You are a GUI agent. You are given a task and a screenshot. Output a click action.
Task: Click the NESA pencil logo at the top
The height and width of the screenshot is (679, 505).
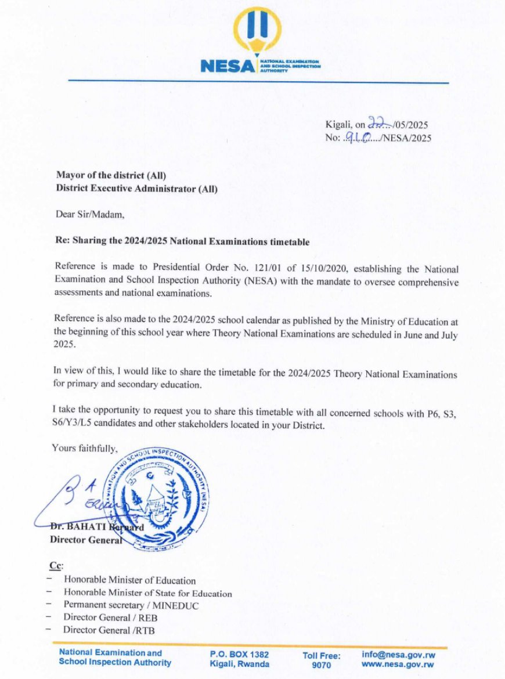(x=257, y=32)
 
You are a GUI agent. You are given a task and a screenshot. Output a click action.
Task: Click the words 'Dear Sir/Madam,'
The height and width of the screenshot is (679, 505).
(x=91, y=214)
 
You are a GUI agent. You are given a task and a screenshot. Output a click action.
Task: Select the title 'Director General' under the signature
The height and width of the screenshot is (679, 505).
(x=86, y=540)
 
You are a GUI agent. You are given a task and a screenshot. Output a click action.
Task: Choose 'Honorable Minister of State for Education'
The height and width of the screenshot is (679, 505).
(x=147, y=593)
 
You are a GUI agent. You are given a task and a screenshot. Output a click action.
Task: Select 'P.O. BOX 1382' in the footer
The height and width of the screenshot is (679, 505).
(x=239, y=655)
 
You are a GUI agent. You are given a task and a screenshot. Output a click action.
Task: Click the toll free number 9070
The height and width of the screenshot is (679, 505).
(x=321, y=665)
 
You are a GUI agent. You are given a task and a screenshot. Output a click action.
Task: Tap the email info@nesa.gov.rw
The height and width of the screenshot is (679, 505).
(x=398, y=654)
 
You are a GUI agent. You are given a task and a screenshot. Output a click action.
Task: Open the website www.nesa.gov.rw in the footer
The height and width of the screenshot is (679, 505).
(x=398, y=664)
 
